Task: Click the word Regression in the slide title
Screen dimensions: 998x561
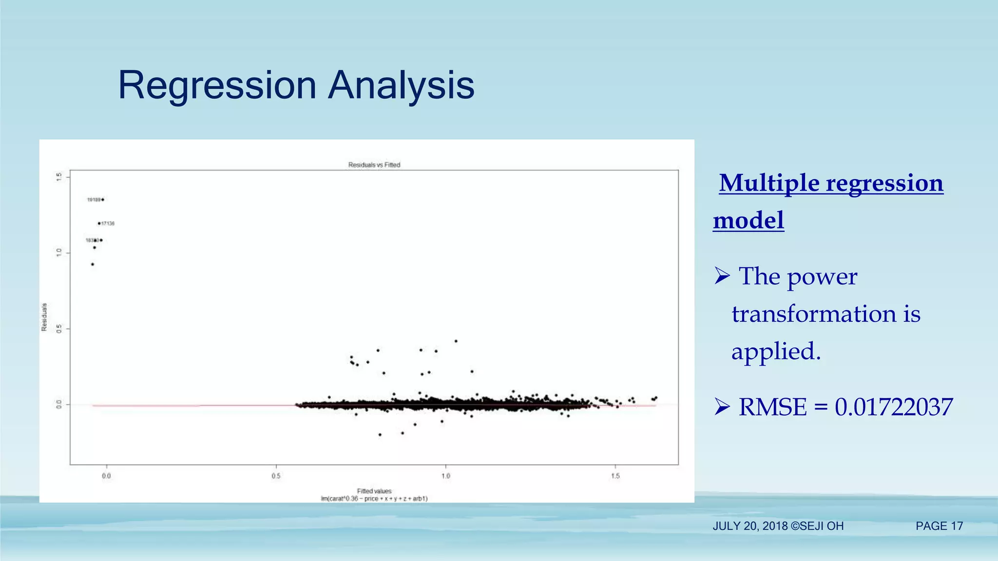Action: click(x=217, y=86)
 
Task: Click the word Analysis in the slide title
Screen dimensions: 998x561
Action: click(x=401, y=86)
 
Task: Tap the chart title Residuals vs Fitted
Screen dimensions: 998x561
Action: click(x=374, y=165)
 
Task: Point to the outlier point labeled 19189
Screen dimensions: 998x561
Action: click(x=102, y=200)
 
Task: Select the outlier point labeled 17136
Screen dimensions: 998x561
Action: click(x=99, y=224)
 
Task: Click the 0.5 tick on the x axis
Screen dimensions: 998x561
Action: click(x=276, y=476)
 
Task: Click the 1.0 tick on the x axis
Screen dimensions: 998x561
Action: click(x=445, y=476)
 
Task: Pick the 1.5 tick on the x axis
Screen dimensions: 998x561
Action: click(x=615, y=476)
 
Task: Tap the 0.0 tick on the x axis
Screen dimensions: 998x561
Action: click(x=106, y=476)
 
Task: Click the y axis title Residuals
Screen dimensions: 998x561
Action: click(x=44, y=317)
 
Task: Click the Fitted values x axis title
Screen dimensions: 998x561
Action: click(x=374, y=491)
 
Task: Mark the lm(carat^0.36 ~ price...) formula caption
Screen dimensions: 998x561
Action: click(x=374, y=499)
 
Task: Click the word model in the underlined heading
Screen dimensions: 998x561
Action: click(x=748, y=220)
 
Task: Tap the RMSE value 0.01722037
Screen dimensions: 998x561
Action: click(x=893, y=407)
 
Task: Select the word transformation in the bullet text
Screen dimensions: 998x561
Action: click(x=814, y=314)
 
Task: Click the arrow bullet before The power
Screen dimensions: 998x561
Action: click(x=722, y=276)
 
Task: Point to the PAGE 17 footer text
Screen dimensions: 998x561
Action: click(x=939, y=526)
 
